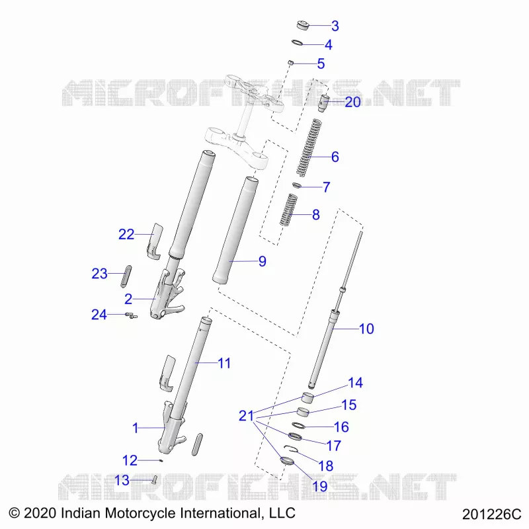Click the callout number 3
(335, 26)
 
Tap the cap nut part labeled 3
(303, 25)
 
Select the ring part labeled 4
(297, 43)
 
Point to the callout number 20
(352, 102)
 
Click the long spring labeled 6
(309, 147)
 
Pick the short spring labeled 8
(288, 210)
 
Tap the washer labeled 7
(296, 185)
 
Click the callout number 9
(263, 261)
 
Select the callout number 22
(126, 234)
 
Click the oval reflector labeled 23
(126, 276)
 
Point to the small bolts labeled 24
(131, 315)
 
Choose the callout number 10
(366, 329)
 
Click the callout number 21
(246, 416)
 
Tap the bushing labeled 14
(307, 397)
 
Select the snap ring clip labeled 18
(290, 448)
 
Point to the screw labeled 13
(155, 480)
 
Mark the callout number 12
(130, 460)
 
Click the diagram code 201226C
(491, 514)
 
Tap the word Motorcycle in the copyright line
(141, 513)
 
